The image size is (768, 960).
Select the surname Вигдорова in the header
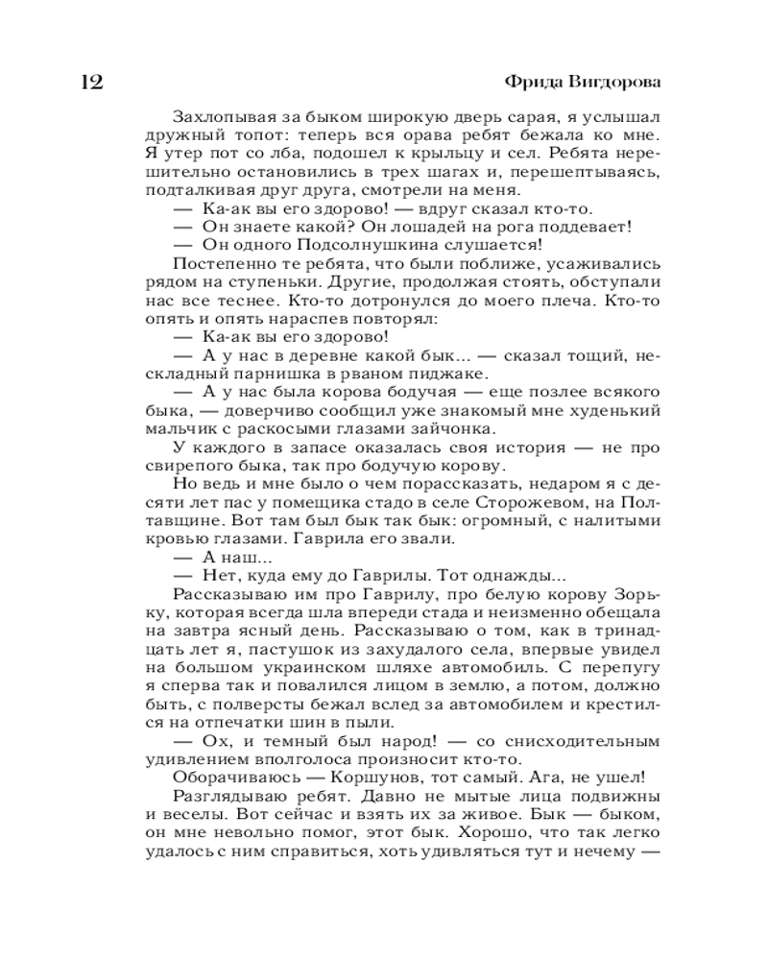tap(614, 81)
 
